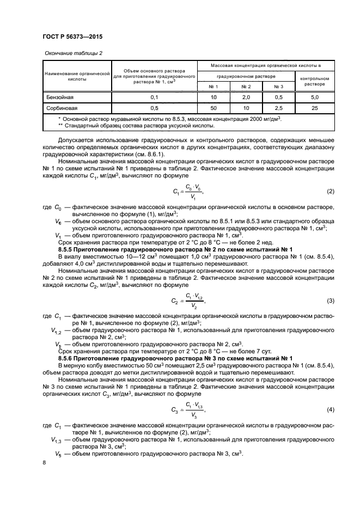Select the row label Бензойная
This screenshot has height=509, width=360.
[x=58, y=97]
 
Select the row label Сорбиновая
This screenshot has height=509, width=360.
[x=60, y=107]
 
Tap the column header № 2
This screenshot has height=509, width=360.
[x=246, y=87]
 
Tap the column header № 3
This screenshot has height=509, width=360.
[x=278, y=87]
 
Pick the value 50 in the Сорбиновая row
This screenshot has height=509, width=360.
[x=214, y=107]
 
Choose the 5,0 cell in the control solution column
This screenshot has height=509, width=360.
[x=314, y=97]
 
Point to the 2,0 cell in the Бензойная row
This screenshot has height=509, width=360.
[x=246, y=97]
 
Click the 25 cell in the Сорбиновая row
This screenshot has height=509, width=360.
[x=314, y=107]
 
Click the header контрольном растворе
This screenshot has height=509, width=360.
[x=314, y=82]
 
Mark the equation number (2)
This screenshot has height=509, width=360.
[x=330, y=192]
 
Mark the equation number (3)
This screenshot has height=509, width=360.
[x=330, y=301]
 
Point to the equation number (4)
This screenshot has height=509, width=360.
[x=330, y=409]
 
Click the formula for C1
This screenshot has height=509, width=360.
[x=186, y=192]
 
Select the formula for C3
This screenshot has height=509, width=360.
[x=188, y=409]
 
